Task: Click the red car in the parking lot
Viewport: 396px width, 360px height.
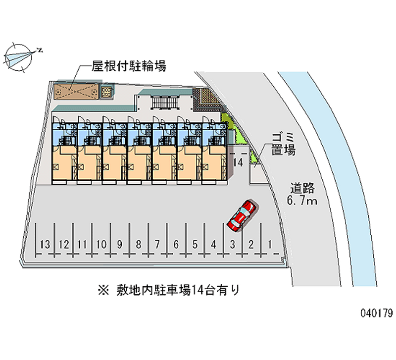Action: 241,215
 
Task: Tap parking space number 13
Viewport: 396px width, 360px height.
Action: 45,244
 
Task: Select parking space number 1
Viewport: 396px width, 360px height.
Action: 270,244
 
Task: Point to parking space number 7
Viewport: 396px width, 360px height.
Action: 157,244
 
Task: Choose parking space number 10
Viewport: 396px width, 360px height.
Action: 101,244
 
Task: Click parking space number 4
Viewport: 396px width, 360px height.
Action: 213,244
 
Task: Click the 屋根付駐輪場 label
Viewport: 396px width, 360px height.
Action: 129,65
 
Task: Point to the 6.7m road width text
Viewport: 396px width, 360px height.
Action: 303,201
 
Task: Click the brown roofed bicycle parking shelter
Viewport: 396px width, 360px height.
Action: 75,91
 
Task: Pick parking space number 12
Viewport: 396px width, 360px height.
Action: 63,244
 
